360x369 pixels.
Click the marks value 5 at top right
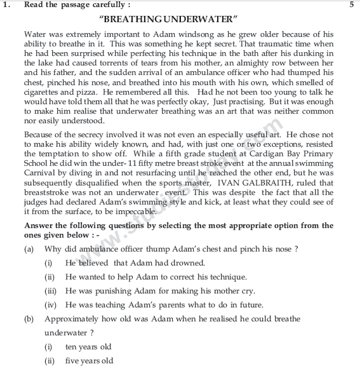(351, 5)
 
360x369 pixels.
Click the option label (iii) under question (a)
(49, 291)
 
